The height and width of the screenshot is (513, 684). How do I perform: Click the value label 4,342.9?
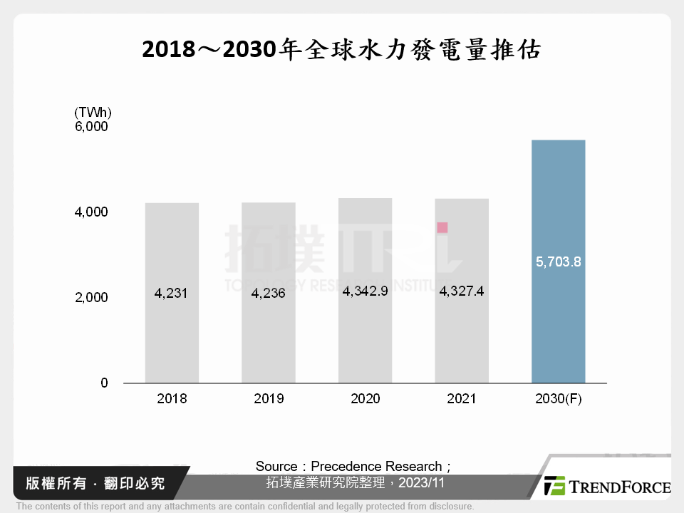pyautogui.click(x=365, y=291)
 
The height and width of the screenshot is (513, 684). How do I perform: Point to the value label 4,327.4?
pyautogui.click(x=462, y=291)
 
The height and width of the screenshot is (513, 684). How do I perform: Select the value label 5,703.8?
pyautogui.click(x=558, y=261)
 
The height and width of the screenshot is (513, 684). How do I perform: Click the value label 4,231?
pyautogui.click(x=171, y=293)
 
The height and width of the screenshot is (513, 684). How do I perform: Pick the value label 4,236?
pyautogui.click(x=268, y=293)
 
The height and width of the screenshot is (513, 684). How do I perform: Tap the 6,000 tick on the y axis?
pyautogui.click(x=91, y=126)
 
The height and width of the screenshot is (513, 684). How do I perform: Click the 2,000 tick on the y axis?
pyautogui.click(x=91, y=297)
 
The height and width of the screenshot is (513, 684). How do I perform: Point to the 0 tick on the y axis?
pyautogui.click(x=104, y=383)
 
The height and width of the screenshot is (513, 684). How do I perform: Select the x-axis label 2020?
pyautogui.click(x=365, y=399)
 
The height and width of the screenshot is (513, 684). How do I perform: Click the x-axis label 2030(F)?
pyautogui.click(x=558, y=399)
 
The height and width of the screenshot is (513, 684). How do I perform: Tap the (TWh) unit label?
pyautogui.click(x=93, y=112)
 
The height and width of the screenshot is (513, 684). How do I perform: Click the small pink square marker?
pyautogui.click(x=442, y=227)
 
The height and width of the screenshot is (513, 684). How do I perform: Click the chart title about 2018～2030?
pyautogui.click(x=341, y=50)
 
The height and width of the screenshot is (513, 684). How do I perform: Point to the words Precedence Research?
pyautogui.click(x=376, y=466)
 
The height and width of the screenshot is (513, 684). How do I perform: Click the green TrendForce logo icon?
pyautogui.click(x=554, y=485)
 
